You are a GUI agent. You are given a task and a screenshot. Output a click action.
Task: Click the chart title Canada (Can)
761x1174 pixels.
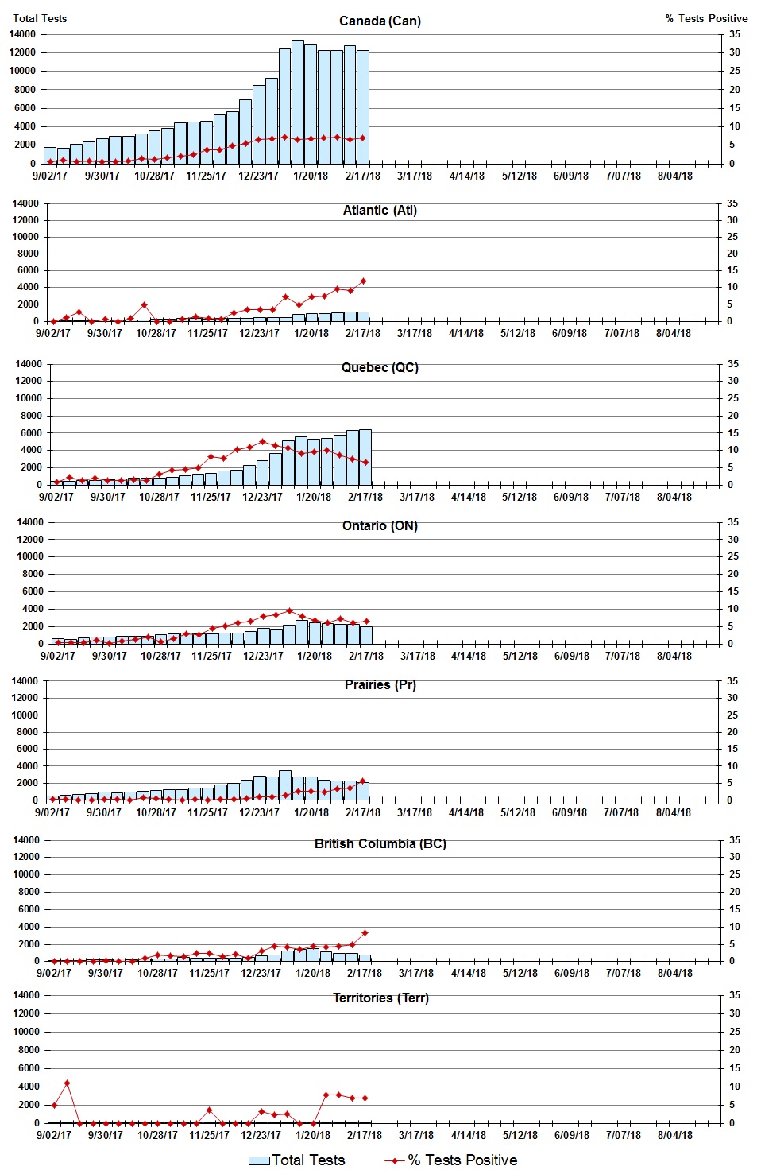pos(380,21)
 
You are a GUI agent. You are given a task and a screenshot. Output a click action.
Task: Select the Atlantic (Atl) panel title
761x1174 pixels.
pos(380,210)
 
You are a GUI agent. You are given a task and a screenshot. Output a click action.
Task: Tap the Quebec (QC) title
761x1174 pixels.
pos(380,367)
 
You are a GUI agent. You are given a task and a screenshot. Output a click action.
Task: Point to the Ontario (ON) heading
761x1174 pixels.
pos(380,525)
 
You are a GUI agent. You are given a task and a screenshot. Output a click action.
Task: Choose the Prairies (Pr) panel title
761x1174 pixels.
pos(380,684)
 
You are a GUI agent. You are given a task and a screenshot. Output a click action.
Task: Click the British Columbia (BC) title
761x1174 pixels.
pos(380,843)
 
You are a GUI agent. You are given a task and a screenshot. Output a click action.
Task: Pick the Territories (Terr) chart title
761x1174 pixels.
pos(380,998)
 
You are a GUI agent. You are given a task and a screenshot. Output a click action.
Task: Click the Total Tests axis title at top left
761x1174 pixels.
pos(40,18)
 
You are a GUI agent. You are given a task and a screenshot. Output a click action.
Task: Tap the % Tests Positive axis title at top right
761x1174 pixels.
pos(706,18)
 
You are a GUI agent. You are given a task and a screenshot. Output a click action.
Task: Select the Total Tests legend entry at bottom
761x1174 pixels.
pos(297,1160)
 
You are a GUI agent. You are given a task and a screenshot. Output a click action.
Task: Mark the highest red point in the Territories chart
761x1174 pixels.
pos(68,1083)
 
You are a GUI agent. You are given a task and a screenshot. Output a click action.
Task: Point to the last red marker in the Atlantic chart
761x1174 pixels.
pos(363,281)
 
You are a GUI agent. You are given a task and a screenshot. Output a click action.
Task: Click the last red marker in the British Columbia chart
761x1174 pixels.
pos(365,932)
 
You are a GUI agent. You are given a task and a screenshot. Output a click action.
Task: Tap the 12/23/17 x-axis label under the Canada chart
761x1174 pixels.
pos(258,176)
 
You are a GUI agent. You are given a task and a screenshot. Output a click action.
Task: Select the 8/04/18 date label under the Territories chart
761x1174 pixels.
pos(674,1135)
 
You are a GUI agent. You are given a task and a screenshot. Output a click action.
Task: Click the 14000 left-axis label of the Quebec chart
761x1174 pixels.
pos(29,364)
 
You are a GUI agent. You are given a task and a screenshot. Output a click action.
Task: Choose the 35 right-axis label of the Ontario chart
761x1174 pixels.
pos(733,522)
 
